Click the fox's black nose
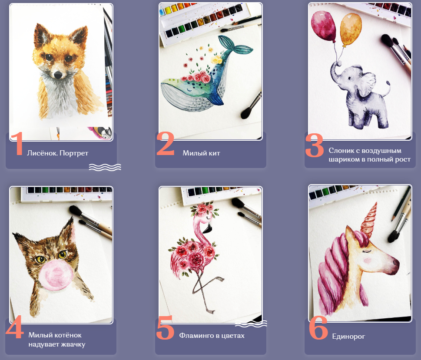tap(58, 75)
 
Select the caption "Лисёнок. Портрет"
tap(57, 153)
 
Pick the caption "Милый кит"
tap(201, 153)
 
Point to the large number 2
tap(166, 143)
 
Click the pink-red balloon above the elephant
tap(324, 26)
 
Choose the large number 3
tap(315, 145)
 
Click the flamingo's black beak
tap(208, 229)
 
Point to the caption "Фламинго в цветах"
tap(212, 336)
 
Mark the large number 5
tap(165, 327)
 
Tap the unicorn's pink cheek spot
tap(367, 260)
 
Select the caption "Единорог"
tap(348, 336)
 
